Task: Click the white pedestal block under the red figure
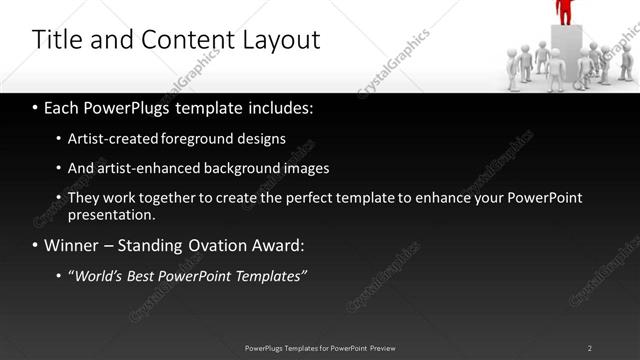tap(565, 50)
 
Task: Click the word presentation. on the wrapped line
tap(111, 214)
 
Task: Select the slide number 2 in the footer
tap(590, 347)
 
